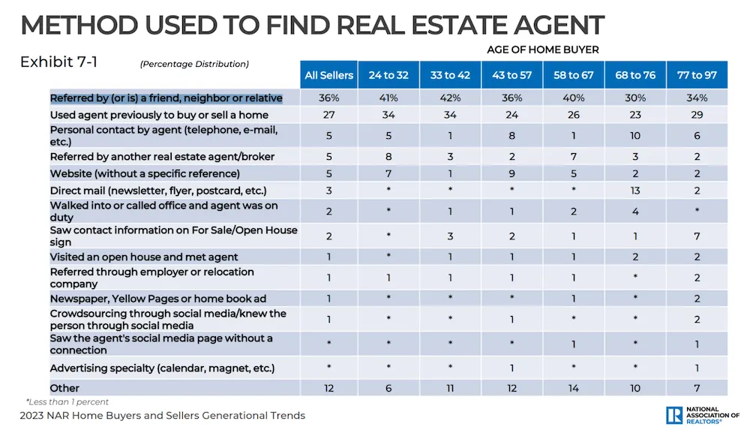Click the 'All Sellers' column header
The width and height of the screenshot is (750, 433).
328,75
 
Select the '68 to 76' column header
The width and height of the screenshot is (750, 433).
635,75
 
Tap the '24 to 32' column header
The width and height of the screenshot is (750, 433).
388,75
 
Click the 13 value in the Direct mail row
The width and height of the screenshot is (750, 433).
635,191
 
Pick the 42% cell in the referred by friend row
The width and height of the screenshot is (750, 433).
451,98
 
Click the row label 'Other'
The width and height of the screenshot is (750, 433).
64,388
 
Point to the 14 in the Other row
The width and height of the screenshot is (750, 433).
574,388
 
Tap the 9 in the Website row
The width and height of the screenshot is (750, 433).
512,173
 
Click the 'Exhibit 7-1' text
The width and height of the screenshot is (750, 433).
58,62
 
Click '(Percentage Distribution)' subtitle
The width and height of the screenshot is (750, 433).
194,65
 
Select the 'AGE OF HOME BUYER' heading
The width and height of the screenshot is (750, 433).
552,50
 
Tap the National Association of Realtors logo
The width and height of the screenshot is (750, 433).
702,415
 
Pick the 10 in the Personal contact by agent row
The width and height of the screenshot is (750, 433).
635,136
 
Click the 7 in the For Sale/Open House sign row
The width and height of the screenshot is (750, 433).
697,236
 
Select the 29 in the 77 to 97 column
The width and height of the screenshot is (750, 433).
697,115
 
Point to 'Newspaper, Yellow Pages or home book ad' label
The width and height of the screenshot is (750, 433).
158,299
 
